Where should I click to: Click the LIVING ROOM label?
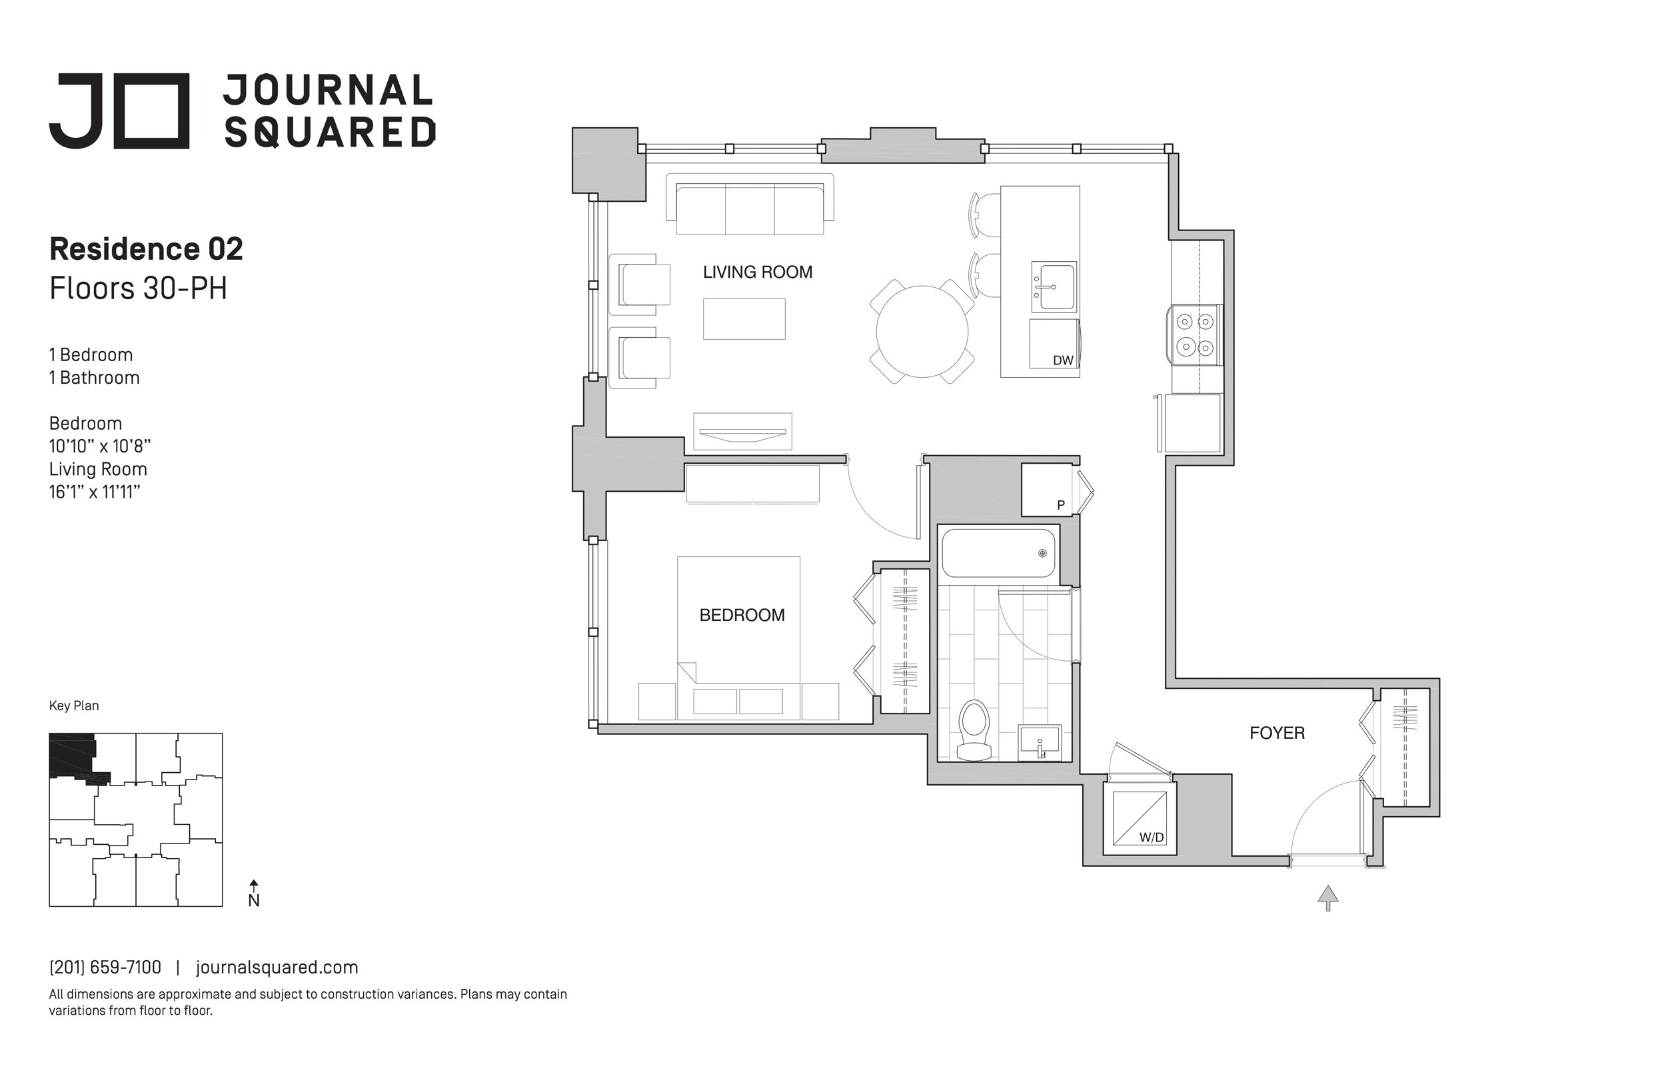[758, 272]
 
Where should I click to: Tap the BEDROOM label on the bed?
[742, 616]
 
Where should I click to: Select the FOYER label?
[1277, 733]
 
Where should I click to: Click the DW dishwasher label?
[1063, 360]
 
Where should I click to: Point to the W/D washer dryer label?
[1151, 837]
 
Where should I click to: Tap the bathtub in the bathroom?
[998, 553]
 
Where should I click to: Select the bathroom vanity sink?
[1040, 742]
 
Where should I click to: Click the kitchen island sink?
[1054, 286]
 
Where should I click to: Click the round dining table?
[922, 332]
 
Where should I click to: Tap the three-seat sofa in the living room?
[750, 205]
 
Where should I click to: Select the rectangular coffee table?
[744, 319]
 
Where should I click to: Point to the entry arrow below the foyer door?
[1328, 898]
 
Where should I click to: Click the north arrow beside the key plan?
[254, 894]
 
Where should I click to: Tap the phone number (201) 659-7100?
[105, 967]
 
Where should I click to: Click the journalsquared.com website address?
[277, 967]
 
